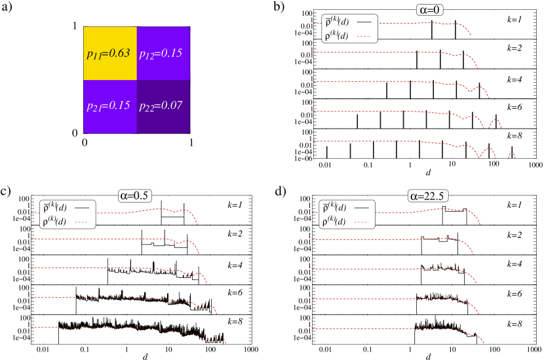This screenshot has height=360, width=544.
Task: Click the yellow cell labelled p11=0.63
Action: click(x=110, y=53)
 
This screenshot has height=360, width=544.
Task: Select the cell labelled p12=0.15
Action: click(x=163, y=53)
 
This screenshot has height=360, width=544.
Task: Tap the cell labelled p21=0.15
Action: click(x=110, y=106)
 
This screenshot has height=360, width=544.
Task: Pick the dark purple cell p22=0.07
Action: click(x=163, y=106)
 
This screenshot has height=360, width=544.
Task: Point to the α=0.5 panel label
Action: click(x=134, y=195)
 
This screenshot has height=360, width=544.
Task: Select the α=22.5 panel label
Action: click(x=428, y=195)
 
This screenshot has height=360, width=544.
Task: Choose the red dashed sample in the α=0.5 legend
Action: click(x=81, y=222)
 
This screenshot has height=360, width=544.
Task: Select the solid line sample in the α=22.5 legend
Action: click(x=361, y=208)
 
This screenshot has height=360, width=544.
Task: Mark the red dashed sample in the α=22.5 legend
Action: click(x=361, y=222)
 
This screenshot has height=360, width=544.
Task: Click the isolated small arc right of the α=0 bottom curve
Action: click(x=512, y=155)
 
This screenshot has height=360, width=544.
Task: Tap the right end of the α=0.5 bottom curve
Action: click(x=226, y=342)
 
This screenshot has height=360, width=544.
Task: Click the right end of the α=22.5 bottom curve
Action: click(x=484, y=342)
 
